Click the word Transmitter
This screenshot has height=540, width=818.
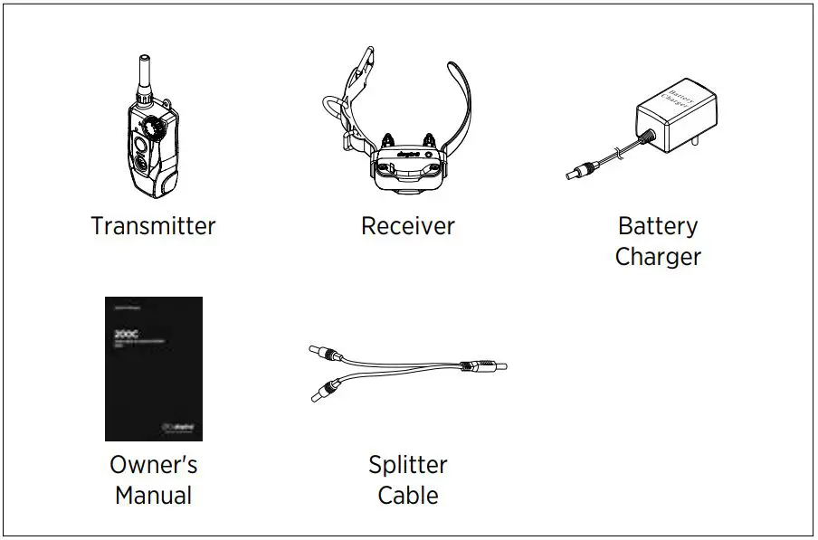click(153, 225)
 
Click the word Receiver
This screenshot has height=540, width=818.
click(407, 225)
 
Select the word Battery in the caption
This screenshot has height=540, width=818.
click(658, 225)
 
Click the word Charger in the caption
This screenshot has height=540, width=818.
click(658, 256)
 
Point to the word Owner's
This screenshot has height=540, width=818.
click(153, 465)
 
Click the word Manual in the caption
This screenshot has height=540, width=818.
click(153, 496)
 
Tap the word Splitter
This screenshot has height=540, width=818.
click(407, 465)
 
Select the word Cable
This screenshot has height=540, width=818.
click(407, 496)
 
